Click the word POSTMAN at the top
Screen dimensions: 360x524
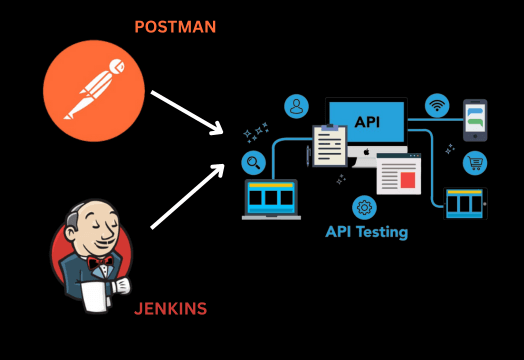click(x=176, y=27)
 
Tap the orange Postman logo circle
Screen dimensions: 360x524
click(x=94, y=91)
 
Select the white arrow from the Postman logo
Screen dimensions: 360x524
click(x=186, y=111)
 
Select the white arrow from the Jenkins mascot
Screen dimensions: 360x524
click(x=186, y=197)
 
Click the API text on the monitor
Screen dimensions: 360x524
click(x=366, y=121)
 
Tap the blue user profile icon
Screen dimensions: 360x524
click(x=296, y=106)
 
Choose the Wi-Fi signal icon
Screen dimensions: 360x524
click(x=437, y=105)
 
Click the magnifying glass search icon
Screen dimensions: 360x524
click(x=254, y=162)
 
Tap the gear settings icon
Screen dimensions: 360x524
click(x=364, y=208)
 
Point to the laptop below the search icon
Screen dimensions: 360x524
click(x=271, y=199)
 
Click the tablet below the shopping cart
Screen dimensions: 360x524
click(x=464, y=203)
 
